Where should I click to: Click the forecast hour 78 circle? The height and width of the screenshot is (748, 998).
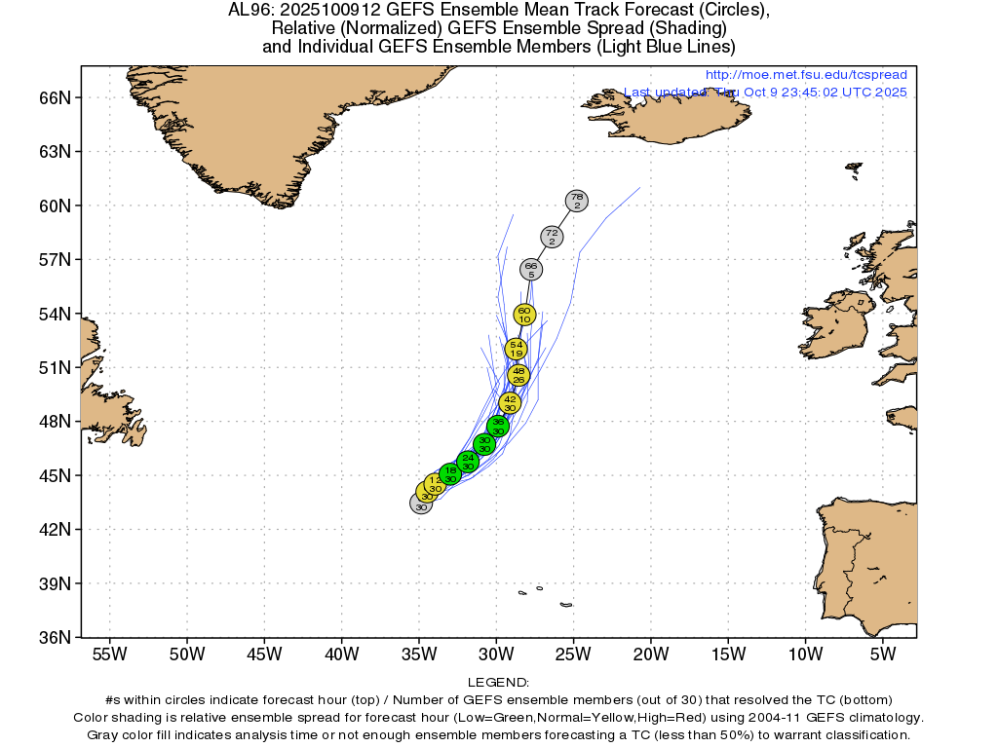577,201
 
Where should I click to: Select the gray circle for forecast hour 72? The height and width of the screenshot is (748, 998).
552,237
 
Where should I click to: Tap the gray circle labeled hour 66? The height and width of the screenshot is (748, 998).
531,269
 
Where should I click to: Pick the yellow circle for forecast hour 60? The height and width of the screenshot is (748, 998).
524,314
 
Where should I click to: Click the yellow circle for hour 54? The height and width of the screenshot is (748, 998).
517,348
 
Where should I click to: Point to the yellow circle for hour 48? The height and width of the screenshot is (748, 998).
518,375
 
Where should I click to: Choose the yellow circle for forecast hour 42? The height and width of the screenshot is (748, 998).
510,402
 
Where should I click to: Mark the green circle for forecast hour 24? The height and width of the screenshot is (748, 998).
468,462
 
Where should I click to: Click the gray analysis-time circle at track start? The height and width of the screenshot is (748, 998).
421,504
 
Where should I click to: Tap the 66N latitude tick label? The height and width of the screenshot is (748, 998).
57,97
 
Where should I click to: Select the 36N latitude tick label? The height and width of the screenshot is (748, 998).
57,638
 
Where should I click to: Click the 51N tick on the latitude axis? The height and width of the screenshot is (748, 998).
57,367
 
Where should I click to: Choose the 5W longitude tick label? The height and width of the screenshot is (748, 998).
882,652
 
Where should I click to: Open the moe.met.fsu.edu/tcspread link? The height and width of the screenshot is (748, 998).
805,75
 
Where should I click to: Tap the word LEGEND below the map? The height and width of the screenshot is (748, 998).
498,683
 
